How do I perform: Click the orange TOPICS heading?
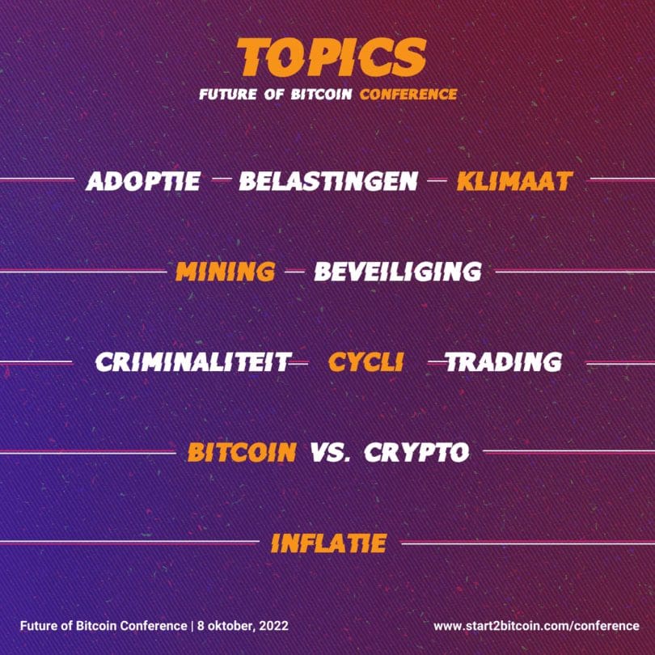(x=332, y=57)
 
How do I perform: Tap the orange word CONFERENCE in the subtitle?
(x=408, y=95)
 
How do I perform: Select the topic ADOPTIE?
(x=143, y=181)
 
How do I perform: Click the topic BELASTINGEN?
(x=328, y=181)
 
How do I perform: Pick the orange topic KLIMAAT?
(x=514, y=181)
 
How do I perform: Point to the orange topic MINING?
(x=226, y=272)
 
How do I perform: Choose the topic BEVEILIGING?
(x=398, y=272)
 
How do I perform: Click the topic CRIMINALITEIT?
(x=192, y=362)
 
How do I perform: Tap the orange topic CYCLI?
(x=366, y=362)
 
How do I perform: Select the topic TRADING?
(x=504, y=362)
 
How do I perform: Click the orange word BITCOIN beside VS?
(x=243, y=452)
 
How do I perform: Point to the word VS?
(x=331, y=452)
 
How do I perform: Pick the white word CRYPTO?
(x=417, y=452)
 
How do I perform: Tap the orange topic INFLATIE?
(x=329, y=543)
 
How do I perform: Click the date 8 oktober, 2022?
(x=243, y=626)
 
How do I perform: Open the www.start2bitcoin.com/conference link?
(x=536, y=626)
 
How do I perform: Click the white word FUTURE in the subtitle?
(x=228, y=95)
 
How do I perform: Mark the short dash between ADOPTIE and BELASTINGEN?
(x=222, y=180)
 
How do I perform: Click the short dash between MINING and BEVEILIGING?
(x=294, y=271)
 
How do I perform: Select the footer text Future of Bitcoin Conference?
(x=104, y=626)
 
